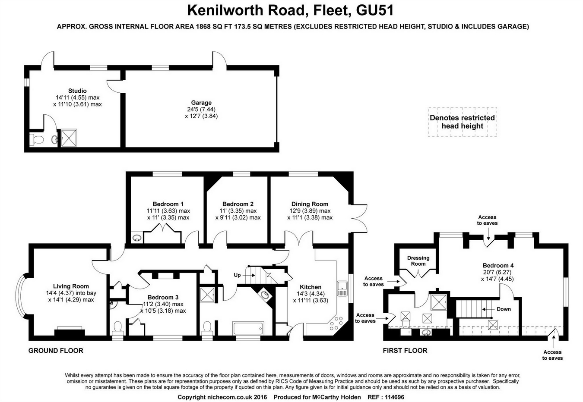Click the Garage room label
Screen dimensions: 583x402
click(x=201, y=103)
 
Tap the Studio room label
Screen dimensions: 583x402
click(x=77, y=91)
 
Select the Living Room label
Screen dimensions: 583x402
click(x=71, y=286)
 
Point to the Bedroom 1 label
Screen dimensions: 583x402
click(x=168, y=204)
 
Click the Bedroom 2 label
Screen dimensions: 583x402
click(x=238, y=204)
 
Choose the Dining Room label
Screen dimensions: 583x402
click(x=310, y=204)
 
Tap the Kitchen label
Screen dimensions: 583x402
click(x=311, y=287)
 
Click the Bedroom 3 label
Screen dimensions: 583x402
click(x=163, y=297)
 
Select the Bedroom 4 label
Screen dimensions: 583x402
click(x=498, y=265)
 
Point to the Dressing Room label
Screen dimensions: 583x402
click(x=418, y=261)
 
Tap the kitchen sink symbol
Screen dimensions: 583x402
click(x=342, y=288)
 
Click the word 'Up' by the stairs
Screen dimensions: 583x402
click(x=237, y=275)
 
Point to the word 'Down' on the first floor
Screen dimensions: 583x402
click(x=504, y=309)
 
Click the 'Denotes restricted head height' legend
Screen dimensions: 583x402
click(x=462, y=122)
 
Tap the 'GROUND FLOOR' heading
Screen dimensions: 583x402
click(x=56, y=351)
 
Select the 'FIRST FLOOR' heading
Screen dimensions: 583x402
click(x=405, y=351)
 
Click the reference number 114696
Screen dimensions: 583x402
click(x=391, y=397)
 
